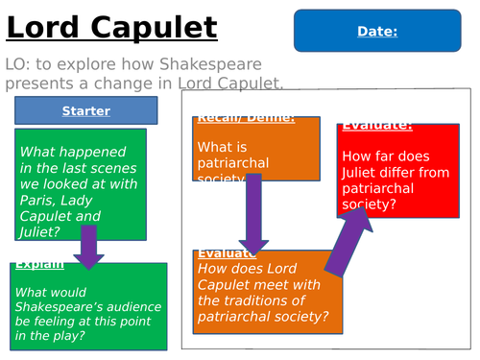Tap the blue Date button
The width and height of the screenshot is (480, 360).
(377, 32)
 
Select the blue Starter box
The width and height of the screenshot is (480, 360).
(86, 110)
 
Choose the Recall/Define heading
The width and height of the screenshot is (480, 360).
(244, 120)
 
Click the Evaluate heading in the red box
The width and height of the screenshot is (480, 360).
(377, 126)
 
